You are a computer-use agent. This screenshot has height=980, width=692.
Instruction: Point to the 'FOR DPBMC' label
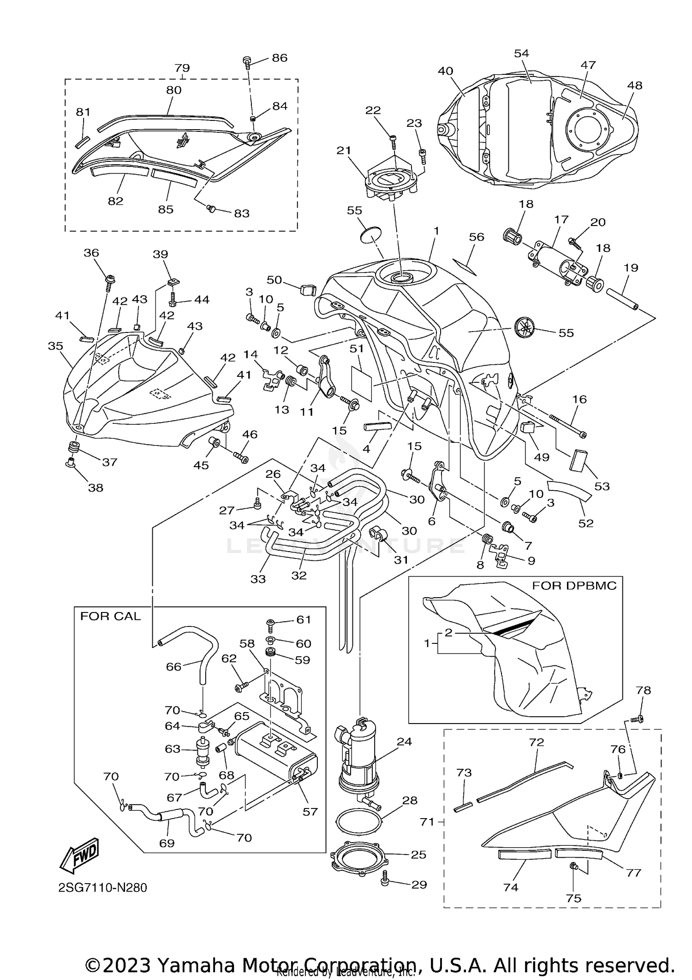pos(574,586)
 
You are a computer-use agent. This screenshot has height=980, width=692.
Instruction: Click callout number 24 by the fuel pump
pos(404,742)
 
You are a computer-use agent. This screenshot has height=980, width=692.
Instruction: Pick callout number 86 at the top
pos(279,58)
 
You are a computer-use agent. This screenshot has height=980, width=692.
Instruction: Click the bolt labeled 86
pos(247,61)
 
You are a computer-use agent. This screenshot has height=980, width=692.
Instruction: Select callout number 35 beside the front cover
pos(55,346)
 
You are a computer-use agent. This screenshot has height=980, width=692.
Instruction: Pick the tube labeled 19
pos(619,297)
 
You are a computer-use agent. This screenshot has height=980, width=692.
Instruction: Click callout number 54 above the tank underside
pos(521,53)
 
